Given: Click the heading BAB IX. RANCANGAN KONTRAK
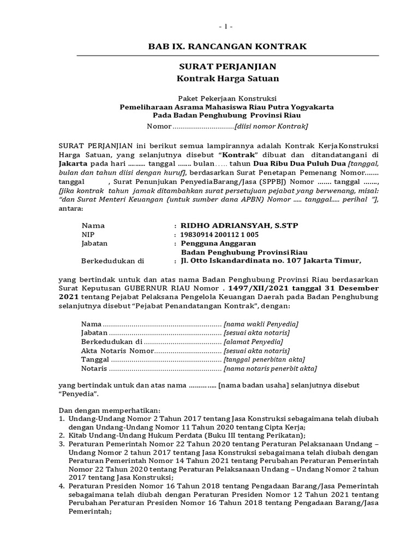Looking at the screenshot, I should pos(228,46).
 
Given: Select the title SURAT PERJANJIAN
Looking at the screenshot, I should pos(228,67).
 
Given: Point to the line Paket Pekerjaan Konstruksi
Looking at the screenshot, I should pos(228,98).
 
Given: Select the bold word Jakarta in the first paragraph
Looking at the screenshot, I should pos(73,163).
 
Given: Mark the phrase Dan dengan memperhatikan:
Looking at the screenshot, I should pos(101,409).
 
